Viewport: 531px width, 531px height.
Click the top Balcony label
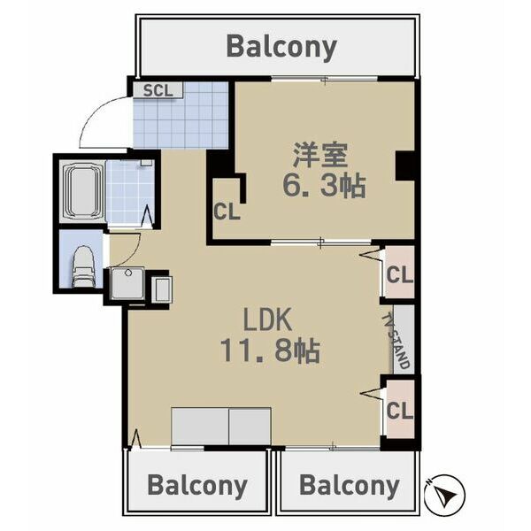click(x=281, y=46)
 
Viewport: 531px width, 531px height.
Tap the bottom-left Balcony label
click(x=196, y=485)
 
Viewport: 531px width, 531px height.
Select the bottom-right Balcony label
click(x=349, y=485)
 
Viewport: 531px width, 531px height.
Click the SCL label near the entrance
click(x=158, y=89)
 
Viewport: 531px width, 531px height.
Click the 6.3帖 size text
click(x=324, y=186)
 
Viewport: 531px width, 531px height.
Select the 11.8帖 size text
click(x=269, y=350)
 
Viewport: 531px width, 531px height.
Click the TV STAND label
click(x=400, y=341)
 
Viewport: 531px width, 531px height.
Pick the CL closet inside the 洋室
click(x=226, y=212)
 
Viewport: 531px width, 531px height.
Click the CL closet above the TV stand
click(x=399, y=275)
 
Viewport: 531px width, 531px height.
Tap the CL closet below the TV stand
click(x=399, y=411)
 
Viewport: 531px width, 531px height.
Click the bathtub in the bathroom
click(x=81, y=192)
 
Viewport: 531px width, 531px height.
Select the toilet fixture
click(x=81, y=265)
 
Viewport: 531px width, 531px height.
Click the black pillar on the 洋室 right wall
click(x=405, y=165)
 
